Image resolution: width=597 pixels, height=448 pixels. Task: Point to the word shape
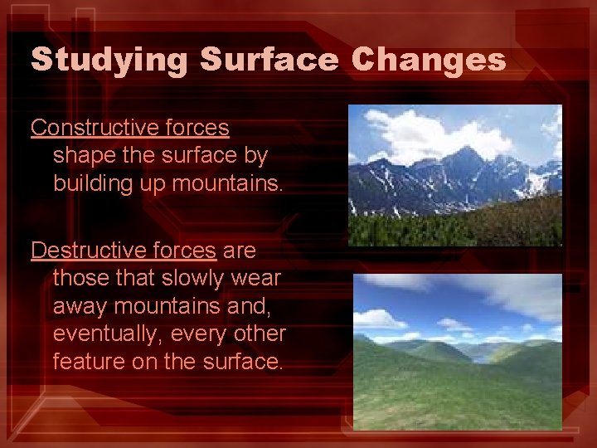point(79,155)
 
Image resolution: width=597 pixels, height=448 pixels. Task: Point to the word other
point(258,334)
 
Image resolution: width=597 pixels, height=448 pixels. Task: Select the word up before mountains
point(155,183)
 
